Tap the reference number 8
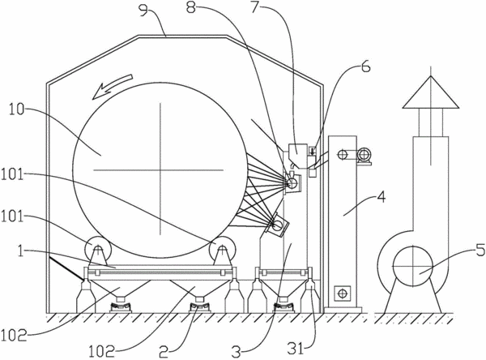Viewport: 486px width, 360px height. pos(191,7)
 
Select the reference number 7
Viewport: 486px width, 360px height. pos(255,7)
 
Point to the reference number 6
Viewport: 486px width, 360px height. pos(366,66)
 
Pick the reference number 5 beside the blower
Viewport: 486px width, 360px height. pos(480,251)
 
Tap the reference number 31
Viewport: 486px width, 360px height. pos(296,349)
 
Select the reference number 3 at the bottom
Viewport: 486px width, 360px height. pos(237,352)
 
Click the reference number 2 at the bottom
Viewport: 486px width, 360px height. pos(164,353)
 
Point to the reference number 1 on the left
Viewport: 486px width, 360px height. pos(20,251)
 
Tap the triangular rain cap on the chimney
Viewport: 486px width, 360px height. pos(431,92)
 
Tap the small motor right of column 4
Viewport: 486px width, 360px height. pos(364,155)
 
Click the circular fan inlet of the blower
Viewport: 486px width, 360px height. pos(412,266)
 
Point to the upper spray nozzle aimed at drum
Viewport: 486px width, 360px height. pos(293,183)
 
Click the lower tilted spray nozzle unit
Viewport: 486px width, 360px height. pos(277,225)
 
